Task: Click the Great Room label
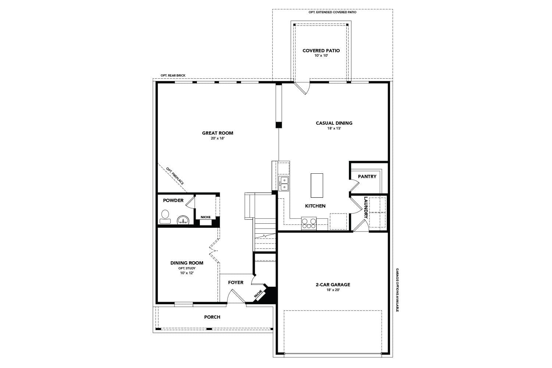pos(217,133)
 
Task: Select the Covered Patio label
pos(321,50)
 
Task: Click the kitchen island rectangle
pos(317,185)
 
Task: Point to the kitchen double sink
pos(284,184)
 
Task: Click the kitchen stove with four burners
pos(309,223)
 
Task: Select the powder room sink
pos(183,220)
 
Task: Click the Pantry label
pos(367,176)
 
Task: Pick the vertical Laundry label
pos(366,208)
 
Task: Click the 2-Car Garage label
pos(333,284)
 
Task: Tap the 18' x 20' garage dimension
pos(333,290)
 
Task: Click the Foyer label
pos(236,282)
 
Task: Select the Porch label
pos(212,317)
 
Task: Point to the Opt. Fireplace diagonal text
pos(175,176)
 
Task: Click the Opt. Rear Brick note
pos(173,75)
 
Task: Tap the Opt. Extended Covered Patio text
pos(332,12)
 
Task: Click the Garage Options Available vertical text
pos(397,290)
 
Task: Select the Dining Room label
pos(187,263)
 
